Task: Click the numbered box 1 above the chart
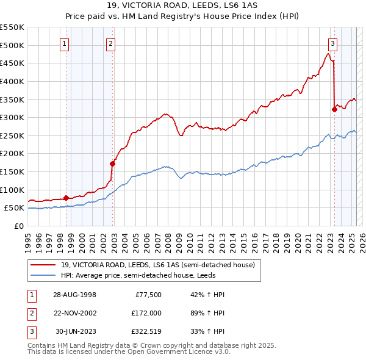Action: pos(65,43)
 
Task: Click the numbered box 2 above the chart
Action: pos(110,43)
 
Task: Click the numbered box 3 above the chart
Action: pos(332,43)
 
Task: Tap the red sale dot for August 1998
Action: pos(66,197)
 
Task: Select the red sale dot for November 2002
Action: pos(112,163)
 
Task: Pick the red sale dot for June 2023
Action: pos(334,109)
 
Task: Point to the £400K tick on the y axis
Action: pos(12,81)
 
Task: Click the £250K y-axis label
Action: pos(12,135)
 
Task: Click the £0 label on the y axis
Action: pos(18,226)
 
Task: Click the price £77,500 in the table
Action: pos(148,295)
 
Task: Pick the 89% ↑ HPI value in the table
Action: pos(207,312)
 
